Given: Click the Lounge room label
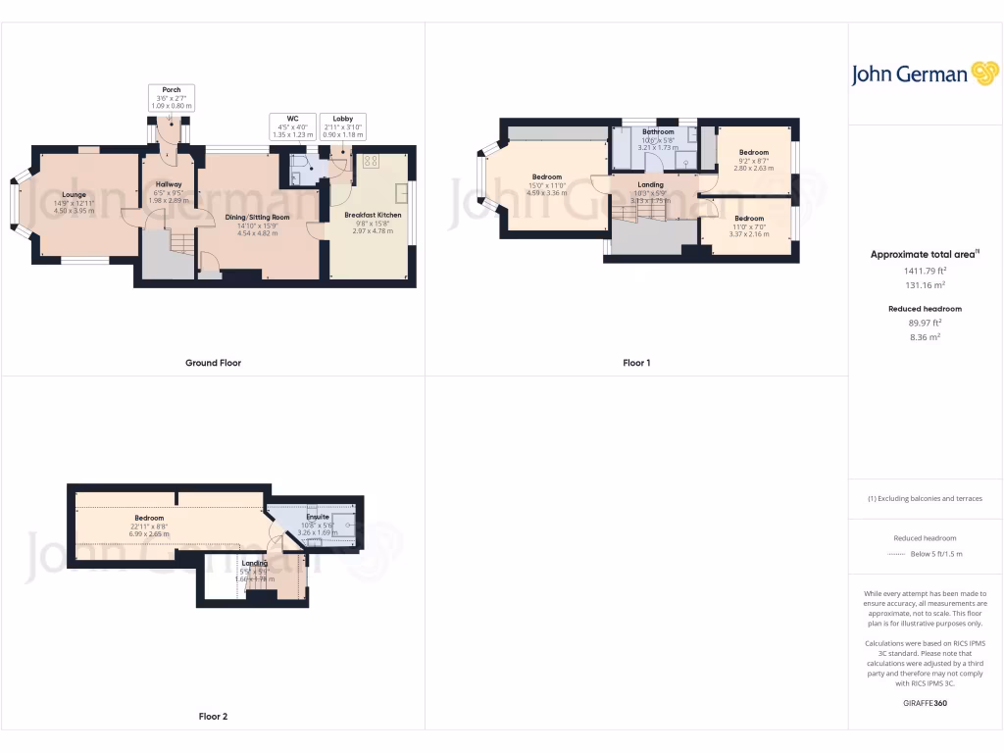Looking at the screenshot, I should click(x=75, y=195).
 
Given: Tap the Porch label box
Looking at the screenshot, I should click(x=172, y=97).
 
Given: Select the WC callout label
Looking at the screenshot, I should click(x=292, y=125).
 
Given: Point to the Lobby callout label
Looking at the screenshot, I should click(x=343, y=125).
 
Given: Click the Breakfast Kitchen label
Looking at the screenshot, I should click(x=373, y=215).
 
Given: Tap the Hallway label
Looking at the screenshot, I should click(x=169, y=184).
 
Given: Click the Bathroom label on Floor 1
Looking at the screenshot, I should click(x=658, y=131).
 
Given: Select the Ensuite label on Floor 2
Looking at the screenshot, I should click(x=318, y=517).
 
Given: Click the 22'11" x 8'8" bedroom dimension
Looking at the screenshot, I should click(x=149, y=526).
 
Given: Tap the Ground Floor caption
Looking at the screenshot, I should click(x=213, y=363).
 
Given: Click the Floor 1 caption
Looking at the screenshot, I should click(x=636, y=363).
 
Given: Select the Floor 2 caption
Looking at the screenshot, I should click(x=213, y=717).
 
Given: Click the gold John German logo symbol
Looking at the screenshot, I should click(x=983, y=74).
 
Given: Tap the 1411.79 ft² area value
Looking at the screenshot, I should click(x=925, y=271).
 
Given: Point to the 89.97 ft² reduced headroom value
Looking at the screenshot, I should click(x=925, y=322).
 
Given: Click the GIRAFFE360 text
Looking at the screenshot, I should click(x=925, y=703).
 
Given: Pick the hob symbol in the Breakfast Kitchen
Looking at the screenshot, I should click(x=372, y=161).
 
